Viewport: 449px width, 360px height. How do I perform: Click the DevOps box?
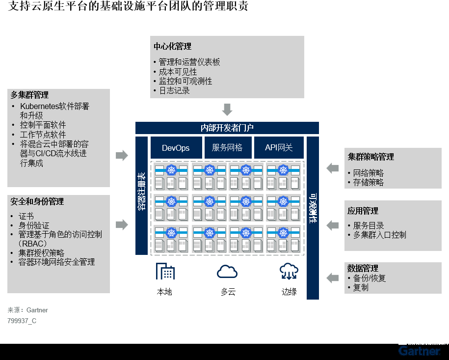click(x=176, y=148)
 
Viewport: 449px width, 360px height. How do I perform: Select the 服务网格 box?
click(x=227, y=148)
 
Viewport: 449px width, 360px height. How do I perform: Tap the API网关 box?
click(x=279, y=148)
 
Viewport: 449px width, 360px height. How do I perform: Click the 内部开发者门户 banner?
click(x=227, y=128)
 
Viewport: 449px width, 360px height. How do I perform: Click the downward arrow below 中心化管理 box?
click(x=227, y=109)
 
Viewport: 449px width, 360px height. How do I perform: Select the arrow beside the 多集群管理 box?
click(x=121, y=156)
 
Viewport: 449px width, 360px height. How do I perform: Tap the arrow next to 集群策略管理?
click(x=333, y=168)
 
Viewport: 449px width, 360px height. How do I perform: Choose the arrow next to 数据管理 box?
click(x=333, y=278)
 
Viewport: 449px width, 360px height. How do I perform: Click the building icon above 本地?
click(x=165, y=271)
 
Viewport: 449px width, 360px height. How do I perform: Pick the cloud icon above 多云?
click(x=227, y=271)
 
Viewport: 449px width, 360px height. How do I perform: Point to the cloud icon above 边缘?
click(x=289, y=271)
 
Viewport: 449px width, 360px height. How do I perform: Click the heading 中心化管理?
click(x=172, y=47)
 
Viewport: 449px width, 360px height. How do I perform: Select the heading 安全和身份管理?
click(x=37, y=202)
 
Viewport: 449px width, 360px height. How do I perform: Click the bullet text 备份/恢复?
click(x=370, y=278)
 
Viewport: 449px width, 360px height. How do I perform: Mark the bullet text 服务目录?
click(x=369, y=226)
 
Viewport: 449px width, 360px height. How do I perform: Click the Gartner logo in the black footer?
click(x=419, y=351)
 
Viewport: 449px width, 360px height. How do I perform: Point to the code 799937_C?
click(x=22, y=321)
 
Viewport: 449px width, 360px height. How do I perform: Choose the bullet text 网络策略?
click(x=369, y=173)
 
